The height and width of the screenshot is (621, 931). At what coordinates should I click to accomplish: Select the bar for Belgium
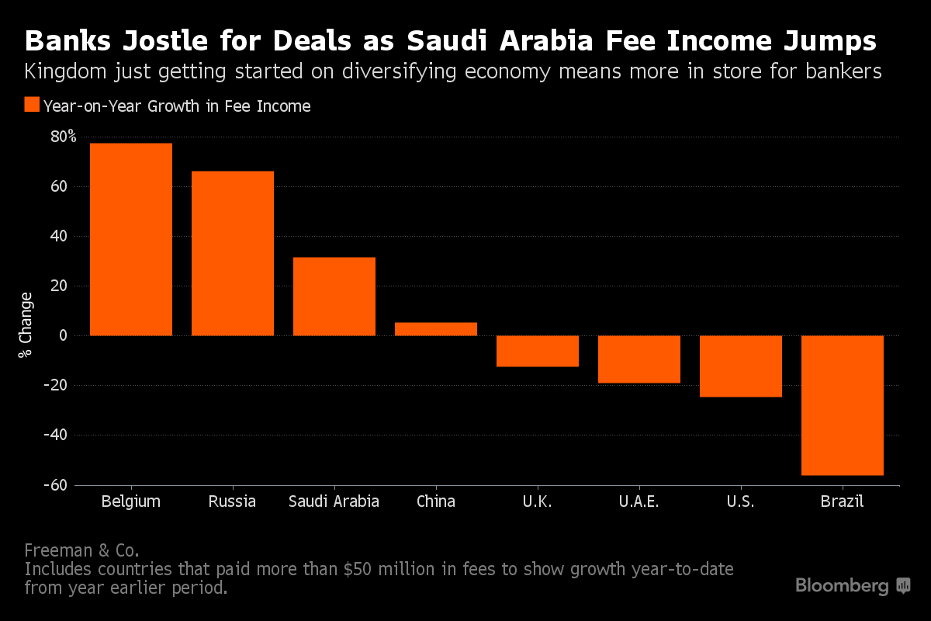coord(131,239)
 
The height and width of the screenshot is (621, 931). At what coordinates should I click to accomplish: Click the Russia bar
coord(233,253)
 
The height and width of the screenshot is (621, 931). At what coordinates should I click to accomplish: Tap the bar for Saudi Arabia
coord(334,297)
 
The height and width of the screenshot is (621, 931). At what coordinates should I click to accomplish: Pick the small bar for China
coord(436,329)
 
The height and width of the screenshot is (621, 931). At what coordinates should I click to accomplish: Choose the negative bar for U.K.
coord(538,351)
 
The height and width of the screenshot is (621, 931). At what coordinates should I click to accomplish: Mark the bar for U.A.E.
coord(639,359)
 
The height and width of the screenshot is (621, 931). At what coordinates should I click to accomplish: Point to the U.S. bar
coord(741,366)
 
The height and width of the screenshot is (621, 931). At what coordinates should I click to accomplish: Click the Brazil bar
coord(843,405)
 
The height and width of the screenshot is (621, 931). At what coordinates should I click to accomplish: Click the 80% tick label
coord(63,137)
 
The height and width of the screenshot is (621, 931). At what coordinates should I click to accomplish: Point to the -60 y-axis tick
coord(61,485)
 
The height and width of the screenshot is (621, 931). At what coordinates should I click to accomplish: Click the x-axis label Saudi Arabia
coord(334,501)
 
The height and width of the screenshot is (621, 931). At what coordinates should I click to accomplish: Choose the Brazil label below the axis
coord(843,501)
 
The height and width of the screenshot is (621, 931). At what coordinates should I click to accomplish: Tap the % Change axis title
coord(26,324)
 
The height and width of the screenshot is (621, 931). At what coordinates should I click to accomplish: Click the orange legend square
coord(32,106)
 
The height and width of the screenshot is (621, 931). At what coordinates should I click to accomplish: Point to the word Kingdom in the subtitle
coord(61,72)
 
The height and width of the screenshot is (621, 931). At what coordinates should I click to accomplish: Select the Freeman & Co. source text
coord(81,550)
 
